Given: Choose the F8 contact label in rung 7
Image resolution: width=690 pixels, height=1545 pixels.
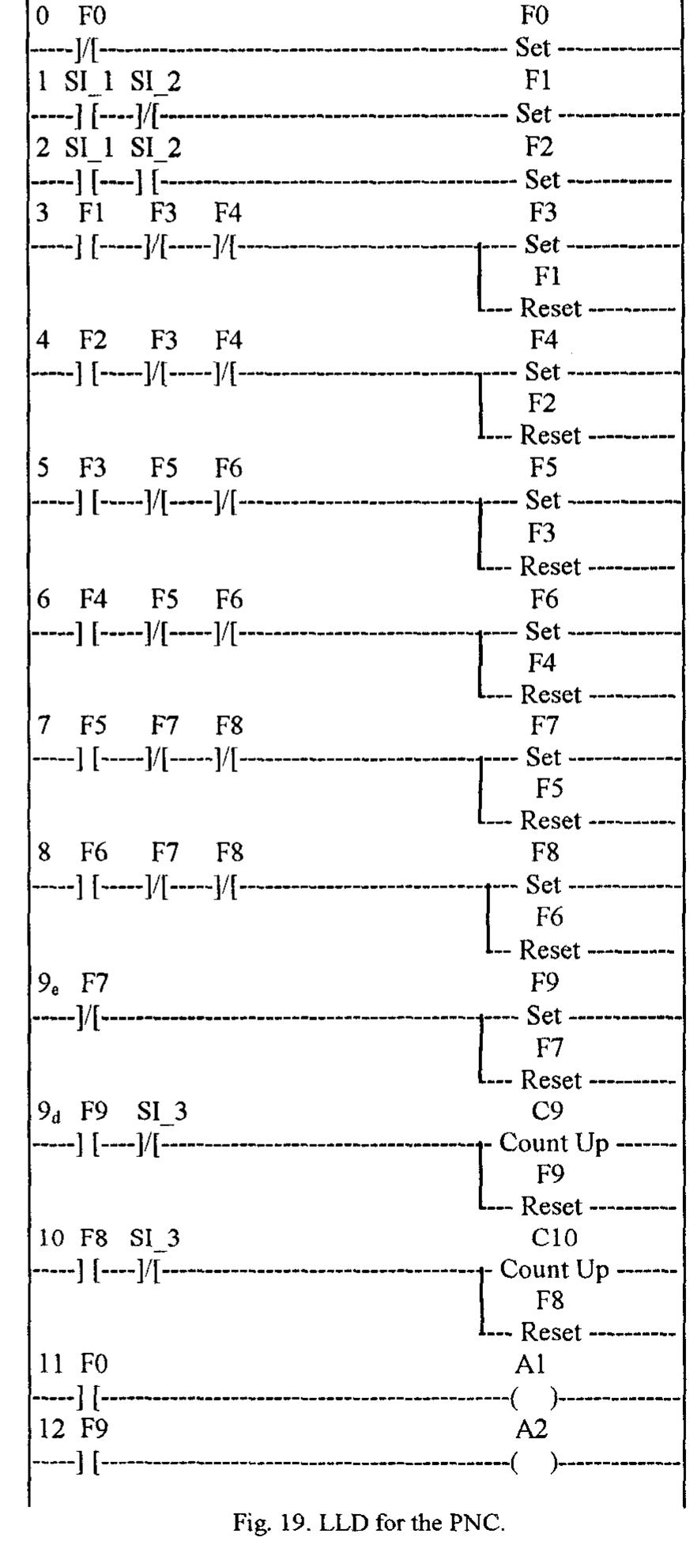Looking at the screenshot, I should (x=229, y=725).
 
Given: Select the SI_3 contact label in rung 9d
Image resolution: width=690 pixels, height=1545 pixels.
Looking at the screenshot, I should (x=162, y=1112).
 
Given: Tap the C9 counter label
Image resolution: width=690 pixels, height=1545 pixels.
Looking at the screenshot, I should (x=547, y=1111).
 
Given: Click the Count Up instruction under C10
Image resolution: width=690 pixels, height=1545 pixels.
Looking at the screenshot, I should (x=554, y=1270).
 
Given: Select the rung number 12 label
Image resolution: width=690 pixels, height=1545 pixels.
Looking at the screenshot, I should (x=51, y=1430).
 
